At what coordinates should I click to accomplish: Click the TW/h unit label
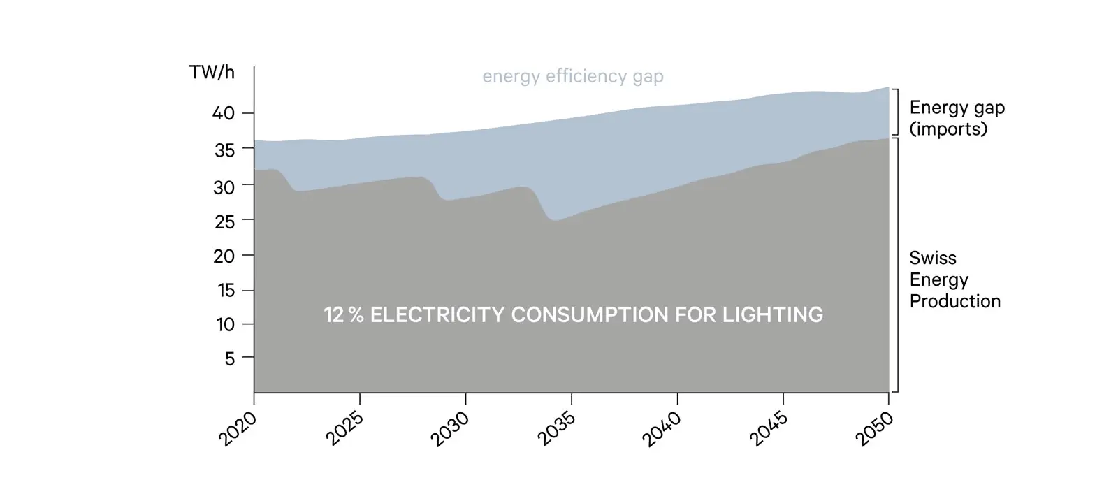212,73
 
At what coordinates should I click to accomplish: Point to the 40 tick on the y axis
223,113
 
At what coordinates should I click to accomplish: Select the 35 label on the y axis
224,150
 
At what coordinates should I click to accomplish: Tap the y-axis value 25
224,221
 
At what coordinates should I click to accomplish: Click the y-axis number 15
225,291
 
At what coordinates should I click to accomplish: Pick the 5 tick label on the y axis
230,358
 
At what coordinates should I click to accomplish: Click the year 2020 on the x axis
238,428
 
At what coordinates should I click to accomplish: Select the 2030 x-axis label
449,428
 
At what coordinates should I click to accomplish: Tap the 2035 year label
556,428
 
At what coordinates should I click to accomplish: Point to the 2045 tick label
767,428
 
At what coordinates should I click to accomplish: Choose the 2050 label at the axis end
873,428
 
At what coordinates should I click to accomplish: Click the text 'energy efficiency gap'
573,76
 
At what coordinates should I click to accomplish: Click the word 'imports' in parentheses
948,129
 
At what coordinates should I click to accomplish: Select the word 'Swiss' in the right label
932,259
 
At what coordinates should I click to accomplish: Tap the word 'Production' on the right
954,301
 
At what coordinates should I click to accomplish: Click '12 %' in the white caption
343,315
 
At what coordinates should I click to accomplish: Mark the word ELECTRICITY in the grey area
437,315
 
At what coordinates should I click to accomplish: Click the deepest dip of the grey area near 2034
554,221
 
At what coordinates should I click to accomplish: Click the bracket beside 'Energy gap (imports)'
895,112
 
